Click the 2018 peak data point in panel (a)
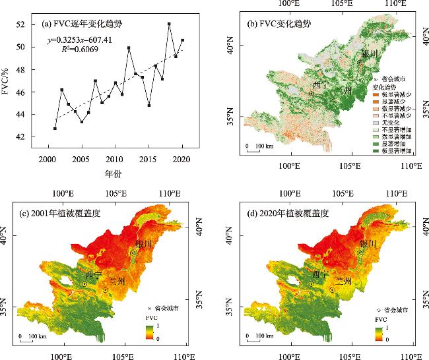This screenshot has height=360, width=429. tap(169, 24)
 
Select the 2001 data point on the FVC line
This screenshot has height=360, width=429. tap(55, 129)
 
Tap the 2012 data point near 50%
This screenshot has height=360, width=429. tap(129, 48)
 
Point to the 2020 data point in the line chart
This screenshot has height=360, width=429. tap(182, 40)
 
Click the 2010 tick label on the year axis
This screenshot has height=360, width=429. tap(114, 160)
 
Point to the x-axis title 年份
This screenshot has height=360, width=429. tap(112, 174)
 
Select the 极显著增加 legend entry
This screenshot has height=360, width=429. tap(397, 151)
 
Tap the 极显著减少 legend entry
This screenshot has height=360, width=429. tap(397, 94)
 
